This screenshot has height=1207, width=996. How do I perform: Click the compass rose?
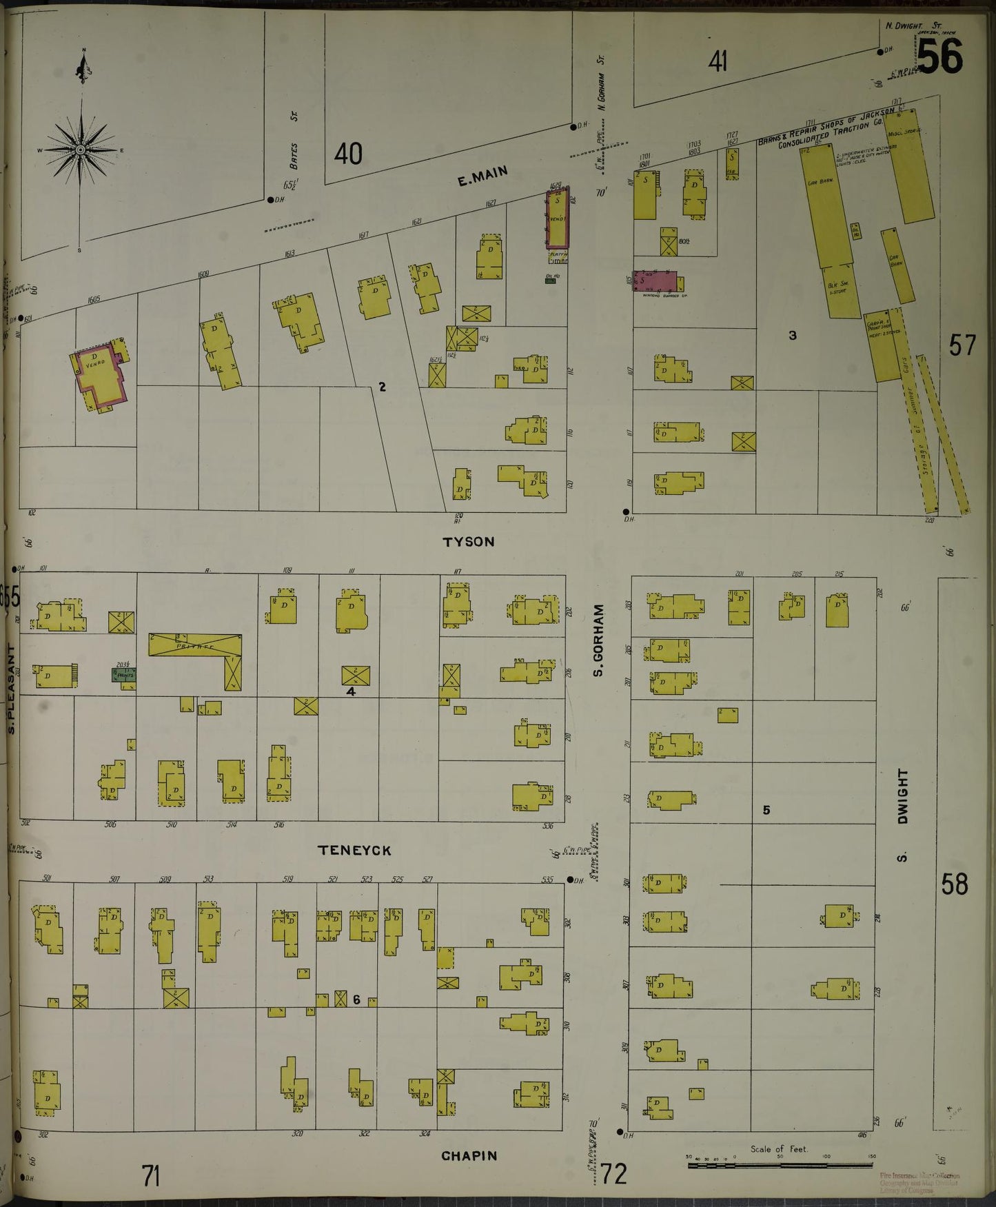(81, 150)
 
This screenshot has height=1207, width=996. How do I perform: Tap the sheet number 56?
(939, 56)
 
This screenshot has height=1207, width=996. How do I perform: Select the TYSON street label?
(469, 542)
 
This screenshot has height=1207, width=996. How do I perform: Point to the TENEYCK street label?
(354, 851)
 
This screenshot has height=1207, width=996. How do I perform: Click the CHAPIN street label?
(469, 1156)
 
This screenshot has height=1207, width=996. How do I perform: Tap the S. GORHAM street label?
(598, 640)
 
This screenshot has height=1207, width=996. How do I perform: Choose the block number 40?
(348, 154)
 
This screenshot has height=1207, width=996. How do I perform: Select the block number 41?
(718, 63)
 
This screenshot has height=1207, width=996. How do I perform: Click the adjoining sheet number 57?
(962, 345)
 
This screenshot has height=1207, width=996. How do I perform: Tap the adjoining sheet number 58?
(955, 884)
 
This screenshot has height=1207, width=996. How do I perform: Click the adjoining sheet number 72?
(613, 1173)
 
